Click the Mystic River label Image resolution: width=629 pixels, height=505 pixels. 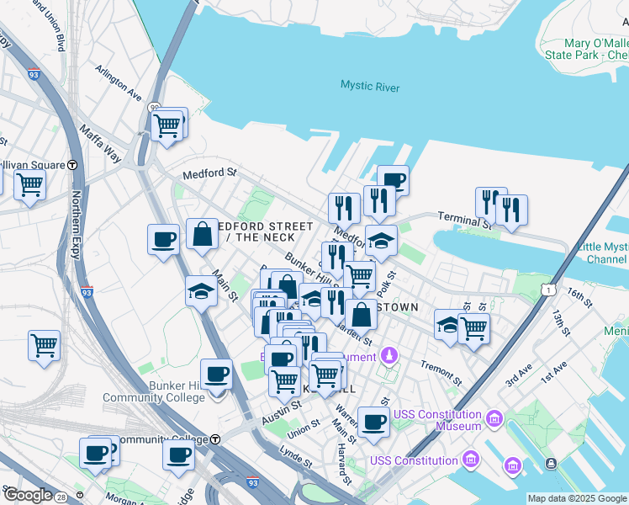tap(370, 87)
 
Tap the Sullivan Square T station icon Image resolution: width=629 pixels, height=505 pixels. tap(73, 165)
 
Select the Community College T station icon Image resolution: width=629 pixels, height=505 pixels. tap(215, 439)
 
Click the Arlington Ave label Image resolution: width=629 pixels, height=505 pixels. tap(119, 80)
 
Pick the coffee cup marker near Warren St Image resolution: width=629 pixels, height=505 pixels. tap(373, 422)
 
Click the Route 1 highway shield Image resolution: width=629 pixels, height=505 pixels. tap(547, 290)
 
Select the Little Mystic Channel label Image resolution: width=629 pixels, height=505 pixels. tap(601, 253)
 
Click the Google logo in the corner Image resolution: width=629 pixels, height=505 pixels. tap(27, 495)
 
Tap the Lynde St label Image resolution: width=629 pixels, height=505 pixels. tap(296, 459)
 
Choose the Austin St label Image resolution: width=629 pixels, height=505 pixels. tap(281, 411)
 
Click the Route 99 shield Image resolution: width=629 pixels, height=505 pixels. tap(155, 109)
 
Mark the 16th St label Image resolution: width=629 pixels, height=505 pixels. tap(579, 295)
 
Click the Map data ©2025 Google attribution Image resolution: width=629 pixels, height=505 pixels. tap(577, 498)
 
